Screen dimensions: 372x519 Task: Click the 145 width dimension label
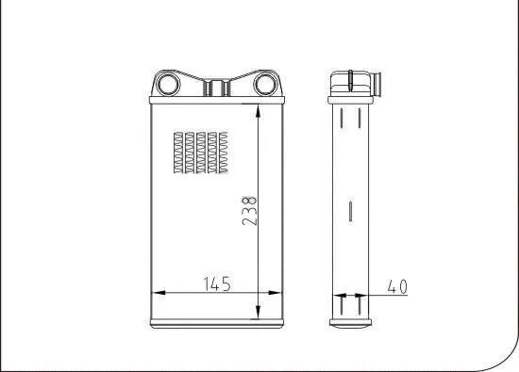coord(216,282)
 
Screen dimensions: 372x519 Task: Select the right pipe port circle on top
coord(265,85)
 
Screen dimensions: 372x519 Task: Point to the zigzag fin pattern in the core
coord(201,153)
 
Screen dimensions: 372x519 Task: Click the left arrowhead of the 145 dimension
coord(157,293)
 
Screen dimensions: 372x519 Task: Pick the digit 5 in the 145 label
coord(227,282)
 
